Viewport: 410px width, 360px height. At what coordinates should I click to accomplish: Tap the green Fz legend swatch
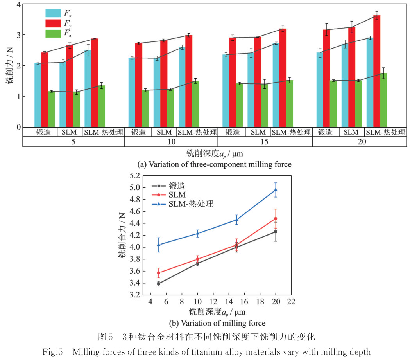point(53,34)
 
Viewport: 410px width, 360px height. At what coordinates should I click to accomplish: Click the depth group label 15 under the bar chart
point(265,142)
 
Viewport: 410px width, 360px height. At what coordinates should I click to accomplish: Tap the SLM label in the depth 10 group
point(161,132)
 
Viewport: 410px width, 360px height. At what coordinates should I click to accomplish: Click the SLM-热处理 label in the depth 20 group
point(386,132)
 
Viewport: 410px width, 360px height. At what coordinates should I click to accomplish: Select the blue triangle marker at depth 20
point(276,190)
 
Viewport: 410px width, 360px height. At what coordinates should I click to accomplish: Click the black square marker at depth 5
point(158,283)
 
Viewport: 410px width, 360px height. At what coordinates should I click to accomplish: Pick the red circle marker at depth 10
point(197,259)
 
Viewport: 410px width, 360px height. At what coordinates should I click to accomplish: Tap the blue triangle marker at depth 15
point(236,220)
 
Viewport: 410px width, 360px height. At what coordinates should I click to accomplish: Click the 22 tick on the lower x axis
point(291,302)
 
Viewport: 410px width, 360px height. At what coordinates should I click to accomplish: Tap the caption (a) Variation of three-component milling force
point(218,165)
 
